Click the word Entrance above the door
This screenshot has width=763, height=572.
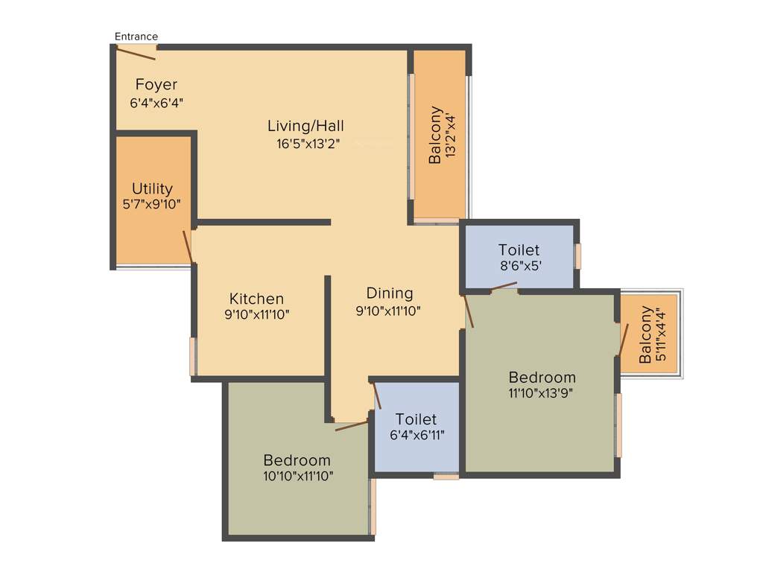click(136, 36)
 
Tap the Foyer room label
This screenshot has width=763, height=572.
click(156, 84)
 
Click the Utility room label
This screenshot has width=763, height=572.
click(152, 188)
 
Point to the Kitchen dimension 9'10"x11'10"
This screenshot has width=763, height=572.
click(256, 314)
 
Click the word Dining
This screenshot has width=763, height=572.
click(389, 293)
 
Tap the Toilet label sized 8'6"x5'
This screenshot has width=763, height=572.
click(519, 250)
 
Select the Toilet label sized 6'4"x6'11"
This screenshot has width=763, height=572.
click(416, 419)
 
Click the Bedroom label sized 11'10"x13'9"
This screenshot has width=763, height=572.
click(542, 377)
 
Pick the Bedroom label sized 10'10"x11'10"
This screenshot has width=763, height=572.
click(297, 460)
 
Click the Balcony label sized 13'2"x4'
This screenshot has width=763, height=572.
click(434, 134)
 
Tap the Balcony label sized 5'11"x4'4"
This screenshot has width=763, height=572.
click(645, 334)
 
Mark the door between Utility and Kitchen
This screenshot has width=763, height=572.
click(189, 247)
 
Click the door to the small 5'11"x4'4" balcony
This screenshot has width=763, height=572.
click(621, 340)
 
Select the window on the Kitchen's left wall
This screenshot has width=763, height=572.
click(192, 356)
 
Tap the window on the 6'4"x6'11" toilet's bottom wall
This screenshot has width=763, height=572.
click(446, 476)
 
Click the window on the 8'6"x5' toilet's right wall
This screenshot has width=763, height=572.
click(577, 255)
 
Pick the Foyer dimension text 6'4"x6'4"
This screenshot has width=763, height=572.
click(156, 103)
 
